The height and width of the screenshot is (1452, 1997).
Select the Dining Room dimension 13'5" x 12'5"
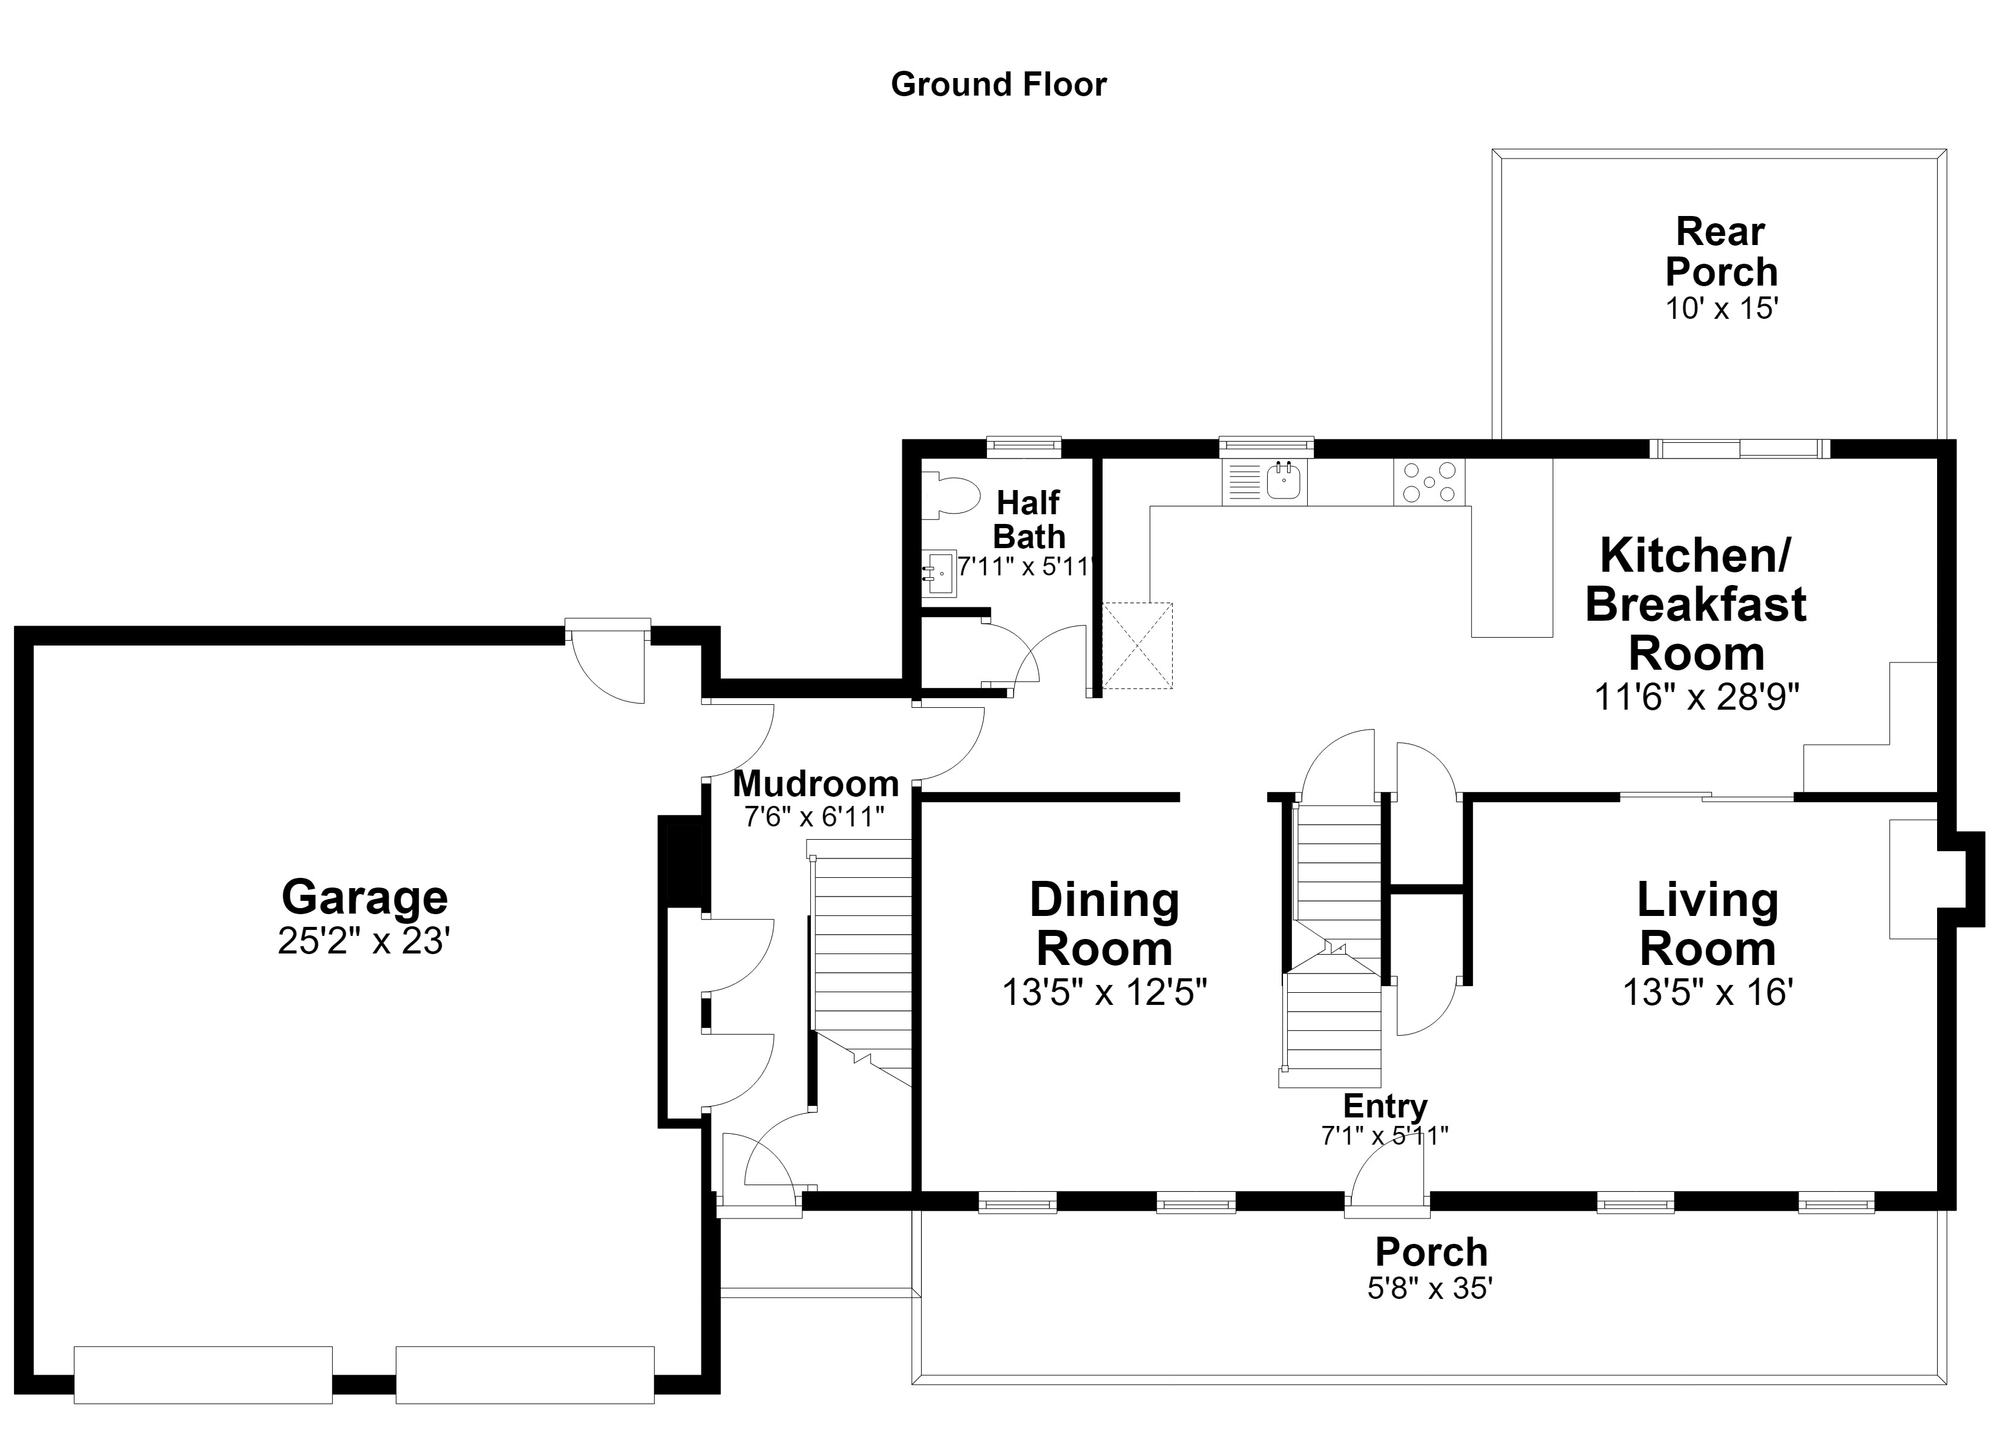tap(1104, 992)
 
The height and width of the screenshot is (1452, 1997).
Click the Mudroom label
tap(815, 783)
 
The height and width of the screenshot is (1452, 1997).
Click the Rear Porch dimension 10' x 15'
tap(1722, 308)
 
